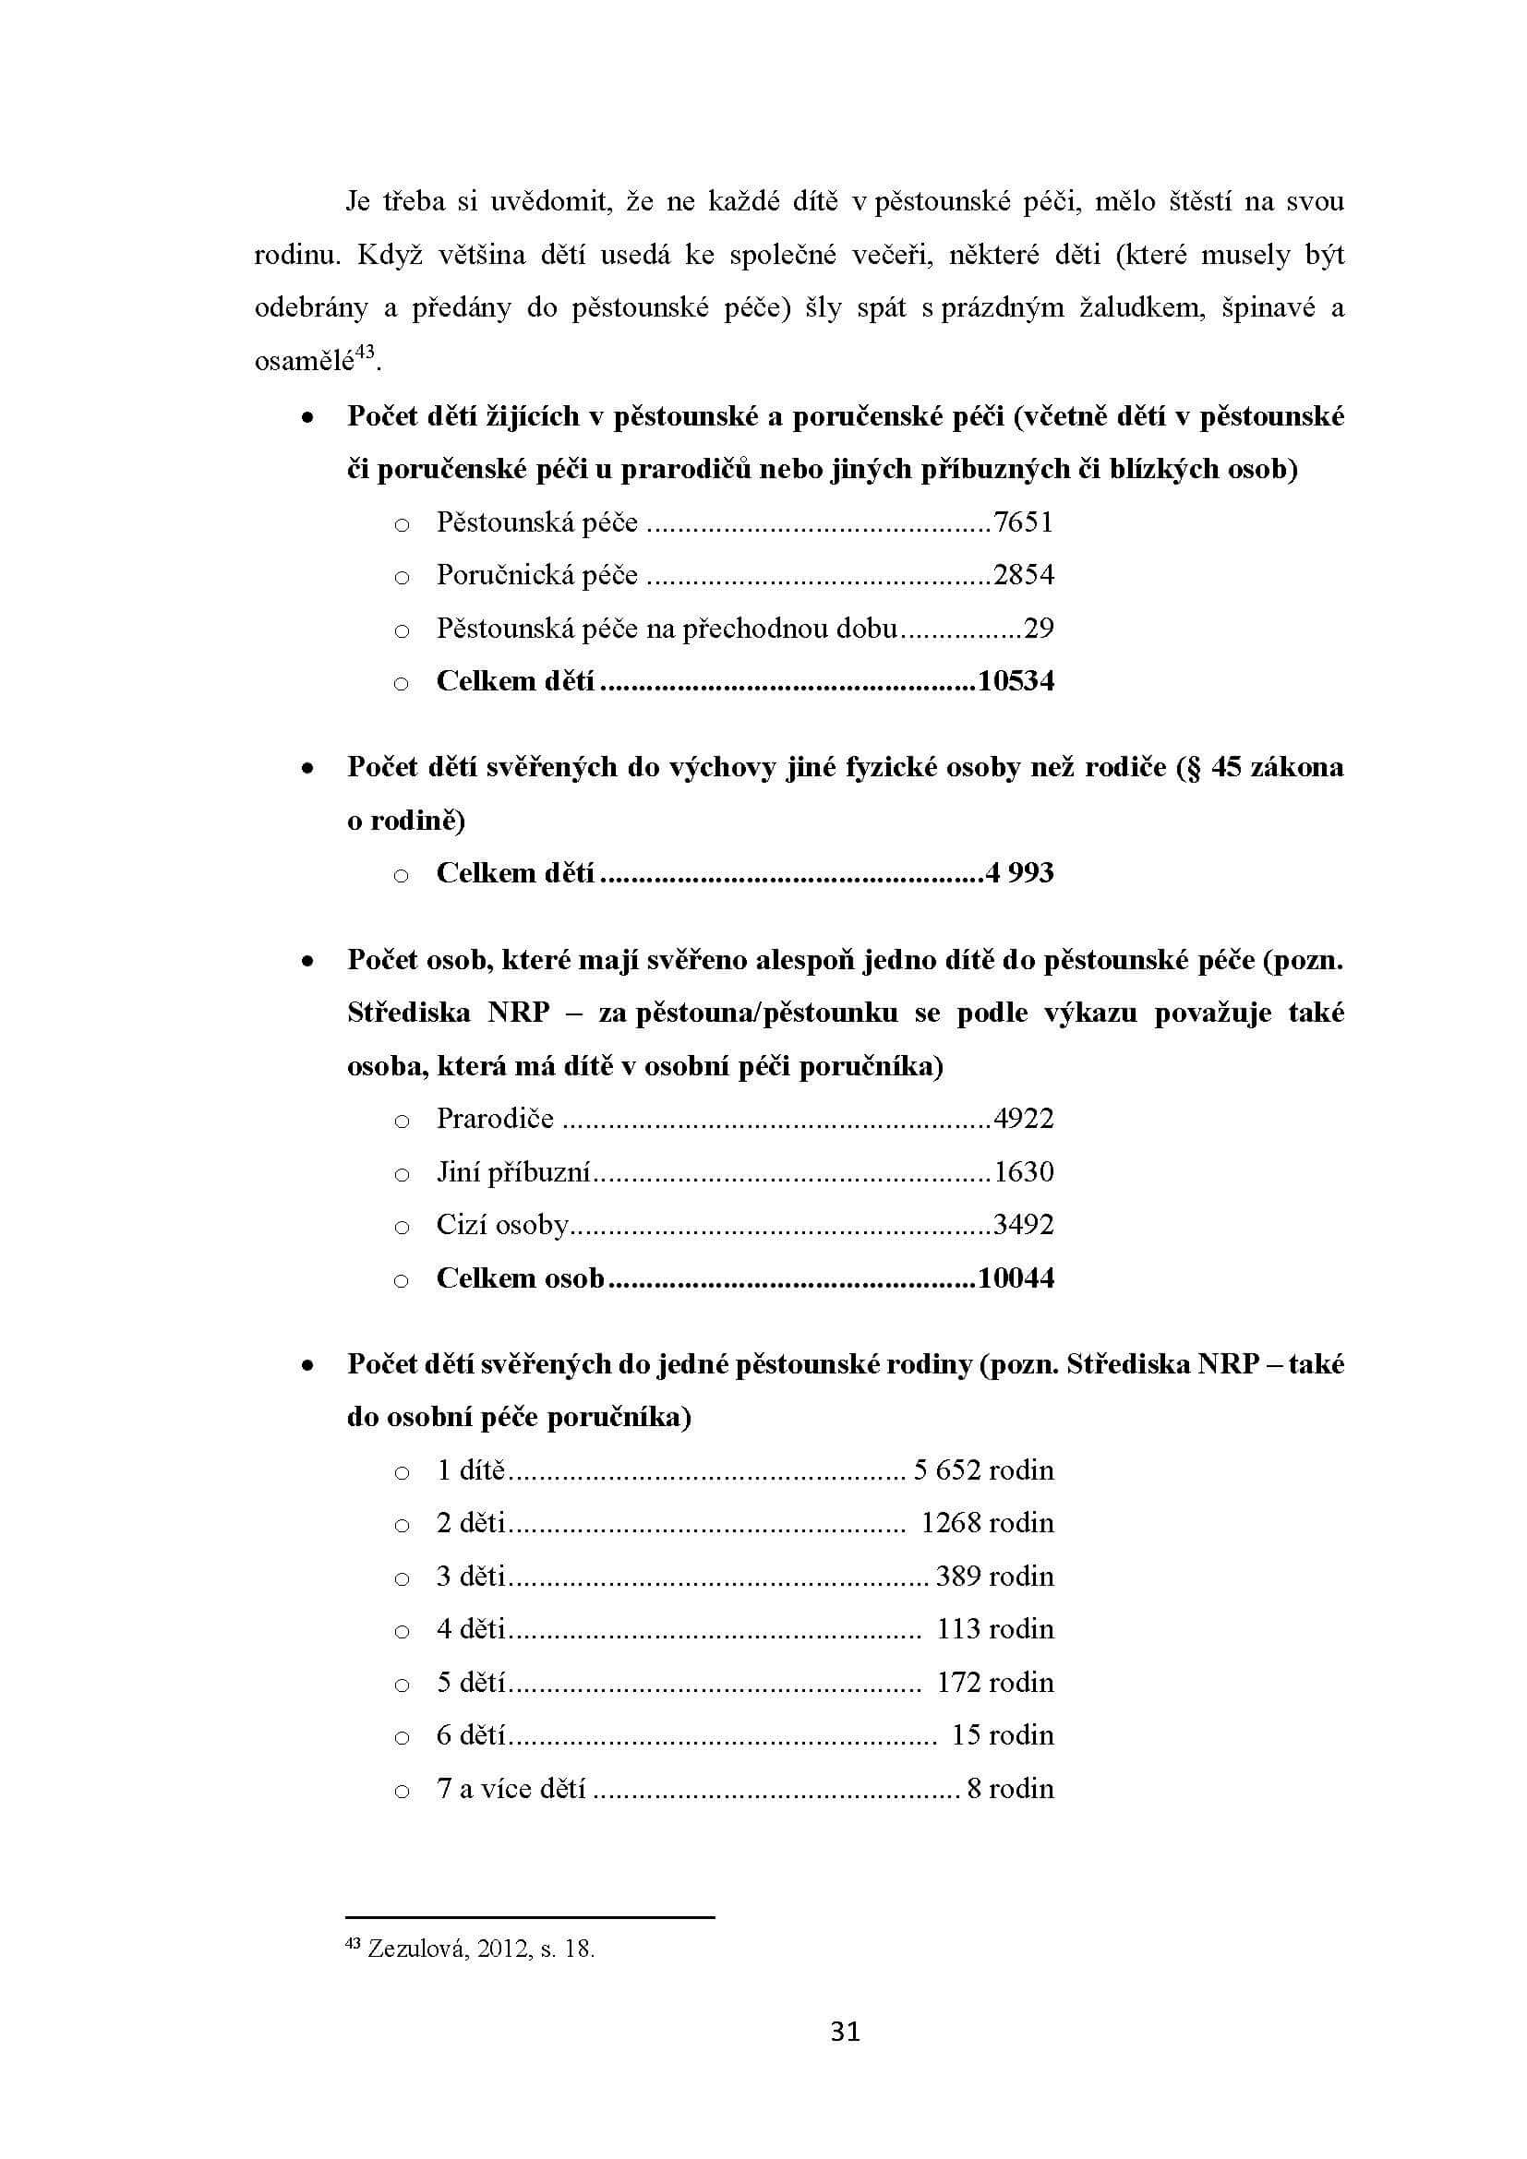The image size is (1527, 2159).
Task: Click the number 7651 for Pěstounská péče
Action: pyautogui.click(x=1023, y=522)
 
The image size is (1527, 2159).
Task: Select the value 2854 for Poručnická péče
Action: pyautogui.click(x=1023, y=574)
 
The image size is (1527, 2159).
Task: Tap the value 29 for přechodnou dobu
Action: pyautogui.click(x=1038, y=629)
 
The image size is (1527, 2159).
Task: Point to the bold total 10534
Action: pyautogui.click(x=1016, y=681)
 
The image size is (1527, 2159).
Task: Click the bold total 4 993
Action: pyautogui.click(x=1019, y=872)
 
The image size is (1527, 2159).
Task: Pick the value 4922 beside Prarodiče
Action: pyautogui.click(x=1023, y=1118)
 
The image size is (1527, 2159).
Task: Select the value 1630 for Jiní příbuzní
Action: pyautogui.click(x=1023, y=1171)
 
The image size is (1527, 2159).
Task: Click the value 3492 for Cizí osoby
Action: pyautogui.click(x=1023, y=1224)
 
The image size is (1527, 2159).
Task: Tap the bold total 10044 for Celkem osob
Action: pyautogui.click(x=1016, y=1277)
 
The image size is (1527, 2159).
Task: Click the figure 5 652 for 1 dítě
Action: pyautogui.click(x=947, y=1469)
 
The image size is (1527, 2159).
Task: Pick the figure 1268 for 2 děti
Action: pyautogui.click(x=951, y=1522)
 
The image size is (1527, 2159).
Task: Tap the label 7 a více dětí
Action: pyautogui.click(x=511, y=1788)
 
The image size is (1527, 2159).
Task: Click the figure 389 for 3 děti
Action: pyautogui.click(x=958, y=1576)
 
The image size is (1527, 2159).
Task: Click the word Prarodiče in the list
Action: pyautogui.click(x=495, y=1118)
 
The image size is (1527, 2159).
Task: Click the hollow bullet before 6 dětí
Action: pyautogui.click(x=402, y=1736)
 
